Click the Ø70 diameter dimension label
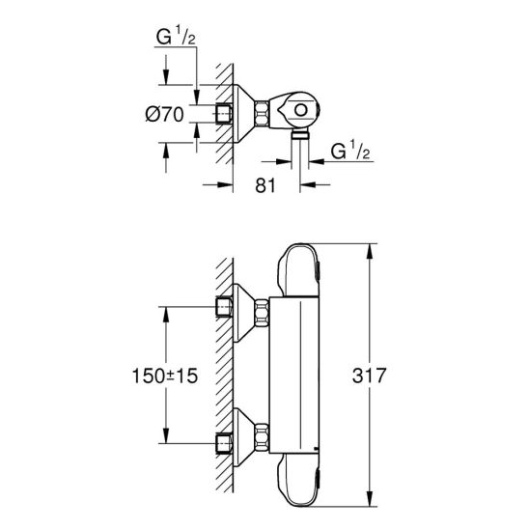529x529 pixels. pyautogui.click(x=165, y=114)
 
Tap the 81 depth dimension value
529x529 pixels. pyautogui.click(x=265, y=185)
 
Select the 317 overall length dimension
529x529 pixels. pyautogui.click(x=369, y=376)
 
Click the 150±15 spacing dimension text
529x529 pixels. pyautogui.click(x=165, y=376)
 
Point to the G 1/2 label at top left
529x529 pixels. pyautogui.click(x=176, y=37)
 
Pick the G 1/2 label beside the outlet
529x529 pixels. pyautogui.click(x=350, y=151)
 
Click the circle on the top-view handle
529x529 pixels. pyautogui.click(x=300, y=110)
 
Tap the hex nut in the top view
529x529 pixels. pyautogui.click(x=262, y=114)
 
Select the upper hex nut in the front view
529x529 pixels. pyautogui.click(x=263, y=313)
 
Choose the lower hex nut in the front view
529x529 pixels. pyautogui.click(x=263, y=437)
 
